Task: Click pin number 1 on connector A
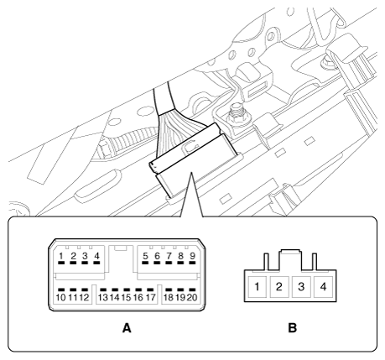click(61, 256)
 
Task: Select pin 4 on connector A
click(97, 256)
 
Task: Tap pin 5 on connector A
click(146, 256)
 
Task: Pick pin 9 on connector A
click(192, 256)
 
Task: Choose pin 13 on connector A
click(103, 296)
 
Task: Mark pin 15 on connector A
click(127, 296)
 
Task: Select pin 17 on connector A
click(151, 296)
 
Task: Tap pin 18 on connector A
click(169, 296)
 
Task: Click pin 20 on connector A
click(192, 296)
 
